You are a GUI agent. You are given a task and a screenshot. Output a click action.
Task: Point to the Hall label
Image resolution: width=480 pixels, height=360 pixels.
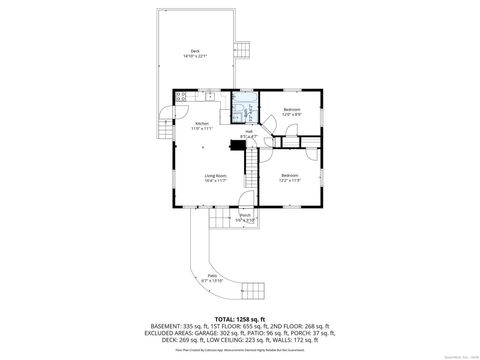click(x=249, y=130)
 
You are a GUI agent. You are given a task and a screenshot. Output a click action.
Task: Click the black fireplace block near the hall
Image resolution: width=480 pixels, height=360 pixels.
click(x=235, y=142)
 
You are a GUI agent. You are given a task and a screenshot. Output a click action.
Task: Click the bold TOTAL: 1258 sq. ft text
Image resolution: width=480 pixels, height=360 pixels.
click(x=239, y=318)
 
